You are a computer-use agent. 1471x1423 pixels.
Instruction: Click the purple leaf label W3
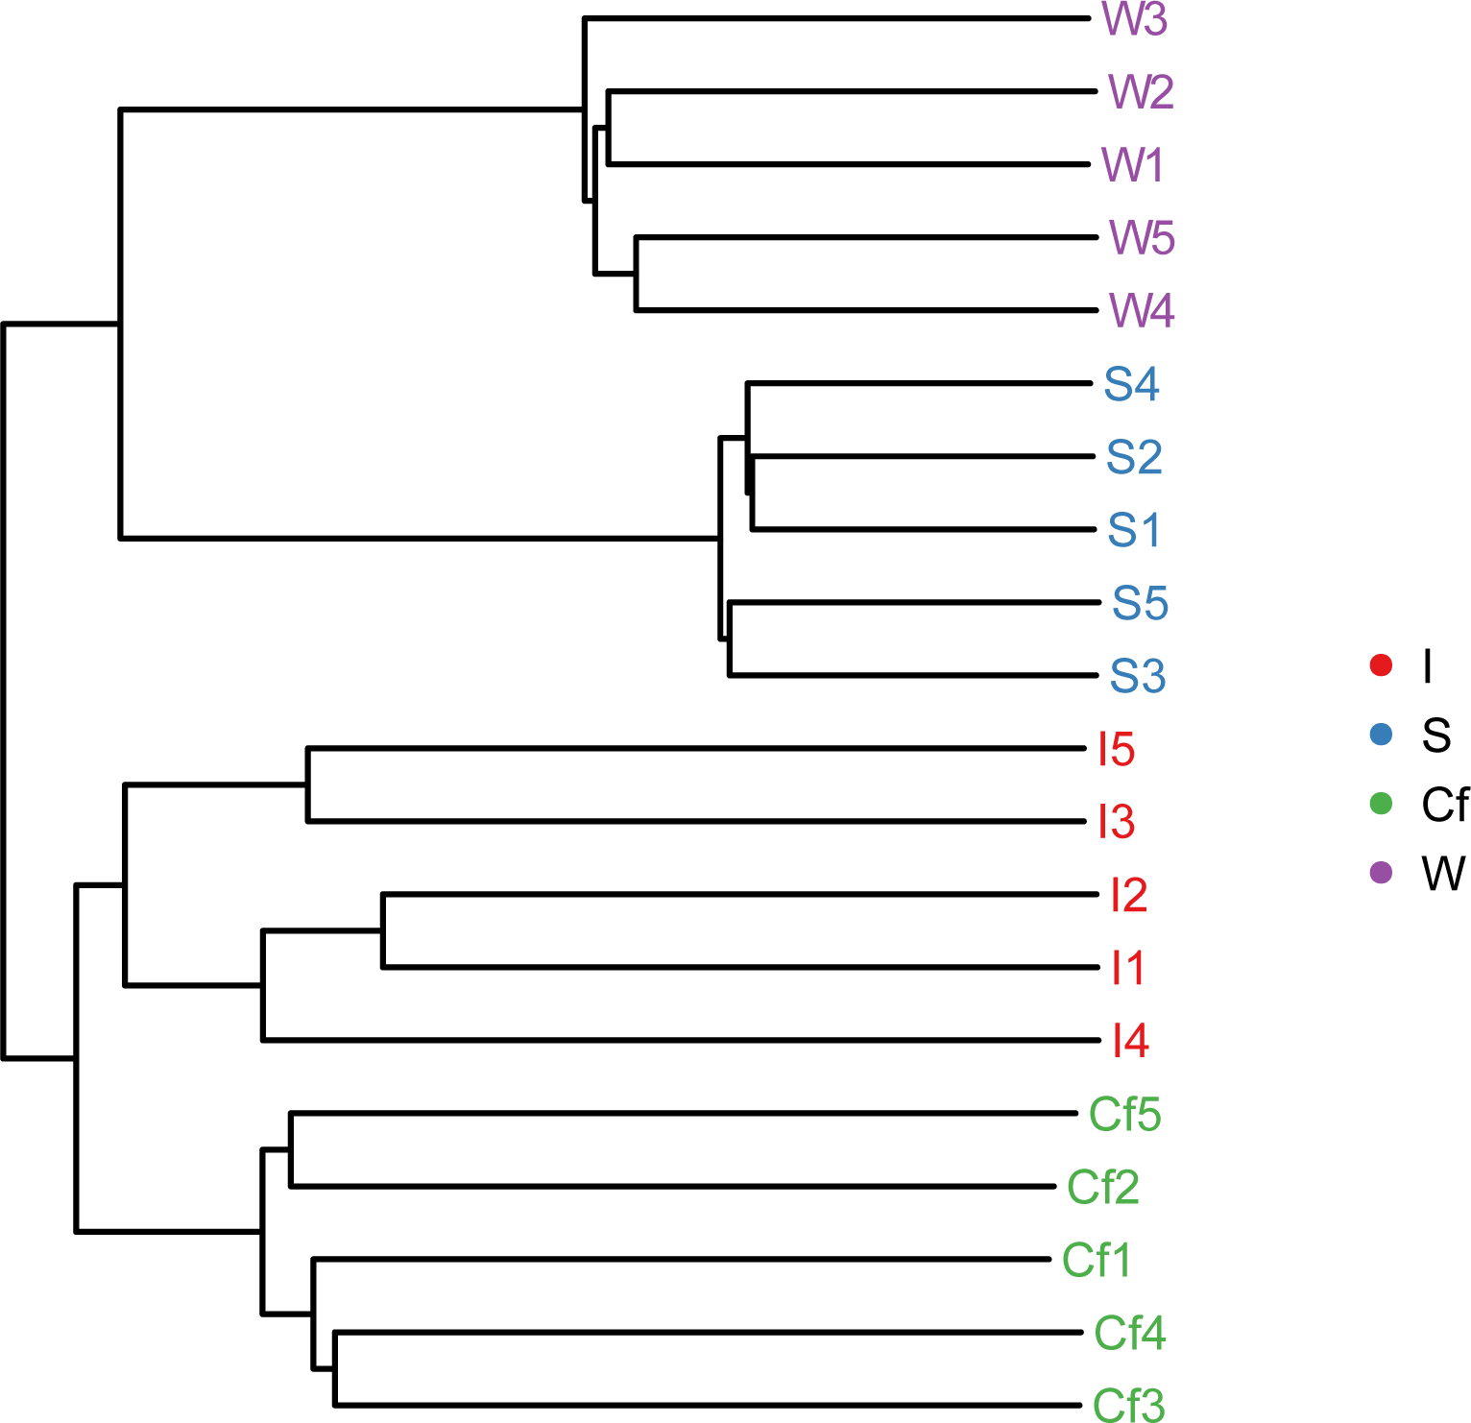1134,19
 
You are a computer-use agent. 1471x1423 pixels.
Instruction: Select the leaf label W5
1142,238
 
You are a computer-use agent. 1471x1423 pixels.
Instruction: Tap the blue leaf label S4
1131,384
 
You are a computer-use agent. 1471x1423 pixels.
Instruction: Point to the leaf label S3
1138,676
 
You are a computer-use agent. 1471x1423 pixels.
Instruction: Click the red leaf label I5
1117,749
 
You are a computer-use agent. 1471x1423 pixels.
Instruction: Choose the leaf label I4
1130,1041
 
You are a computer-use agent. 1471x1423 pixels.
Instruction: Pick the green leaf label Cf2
1103,1188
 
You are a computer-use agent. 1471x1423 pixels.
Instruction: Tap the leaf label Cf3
1129,1406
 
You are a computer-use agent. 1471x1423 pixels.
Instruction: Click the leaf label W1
1133,165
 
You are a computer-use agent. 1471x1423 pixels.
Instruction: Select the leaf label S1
1134,530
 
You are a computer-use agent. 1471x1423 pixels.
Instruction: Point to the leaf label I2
1128,895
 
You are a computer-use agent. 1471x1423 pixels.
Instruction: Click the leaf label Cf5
1124,1115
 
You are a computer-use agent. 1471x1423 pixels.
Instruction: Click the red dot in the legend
1381,665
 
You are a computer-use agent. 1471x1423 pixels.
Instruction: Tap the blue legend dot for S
1381,735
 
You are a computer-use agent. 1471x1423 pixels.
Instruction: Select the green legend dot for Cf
1381,804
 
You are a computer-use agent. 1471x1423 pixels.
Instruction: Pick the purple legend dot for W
1381,873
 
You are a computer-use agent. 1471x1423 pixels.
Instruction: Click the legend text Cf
1444,805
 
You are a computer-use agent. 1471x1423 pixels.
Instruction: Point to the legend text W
1443,874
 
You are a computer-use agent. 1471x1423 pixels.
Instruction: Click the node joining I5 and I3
307,784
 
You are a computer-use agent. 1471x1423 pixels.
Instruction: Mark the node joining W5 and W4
636,274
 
